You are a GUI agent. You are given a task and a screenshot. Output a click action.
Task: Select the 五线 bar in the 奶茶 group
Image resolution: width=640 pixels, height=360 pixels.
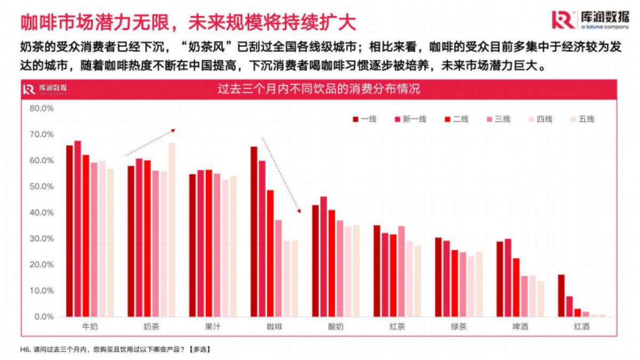(x=172, y=229)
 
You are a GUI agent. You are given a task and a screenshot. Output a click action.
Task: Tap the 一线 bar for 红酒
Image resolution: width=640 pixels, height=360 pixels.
(x=561, y=295)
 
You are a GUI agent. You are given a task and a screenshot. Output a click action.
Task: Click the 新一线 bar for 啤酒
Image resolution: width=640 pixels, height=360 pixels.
(x=508, y=277)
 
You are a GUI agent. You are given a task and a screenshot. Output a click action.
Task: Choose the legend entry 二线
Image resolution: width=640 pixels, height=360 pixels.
(x=455, y=119)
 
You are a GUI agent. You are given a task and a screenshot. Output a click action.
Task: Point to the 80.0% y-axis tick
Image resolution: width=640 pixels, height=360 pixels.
(x=41, y=108)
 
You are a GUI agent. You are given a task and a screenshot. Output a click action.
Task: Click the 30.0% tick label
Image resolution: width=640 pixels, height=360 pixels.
(x=41, y=238)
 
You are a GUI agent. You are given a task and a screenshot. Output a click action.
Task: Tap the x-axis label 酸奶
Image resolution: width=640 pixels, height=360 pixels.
(x=335, y=326)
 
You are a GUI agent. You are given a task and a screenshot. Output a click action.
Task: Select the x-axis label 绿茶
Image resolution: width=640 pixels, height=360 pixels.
(x=459, y=326)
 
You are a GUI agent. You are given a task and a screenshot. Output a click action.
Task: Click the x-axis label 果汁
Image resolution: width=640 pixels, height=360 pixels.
(x=213, y=326)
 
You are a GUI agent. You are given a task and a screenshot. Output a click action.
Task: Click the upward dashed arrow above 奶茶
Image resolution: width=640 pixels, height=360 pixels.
(x=150, y=142)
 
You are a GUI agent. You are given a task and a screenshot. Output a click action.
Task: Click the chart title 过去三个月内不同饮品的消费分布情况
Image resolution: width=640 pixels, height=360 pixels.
(x=319, y=89)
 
